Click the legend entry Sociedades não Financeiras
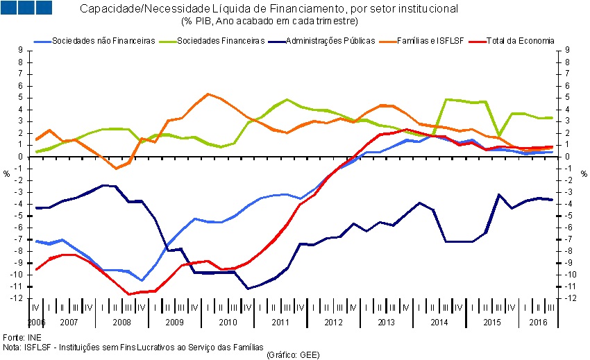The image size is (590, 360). (103, 41)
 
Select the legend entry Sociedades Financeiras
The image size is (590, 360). (221, 41)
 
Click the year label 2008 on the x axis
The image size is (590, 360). (121, 323)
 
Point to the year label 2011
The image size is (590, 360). (280, 323)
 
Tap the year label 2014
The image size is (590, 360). (439, 323)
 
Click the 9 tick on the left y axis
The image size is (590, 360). (22, 51)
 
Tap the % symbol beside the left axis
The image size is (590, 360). (6, 173)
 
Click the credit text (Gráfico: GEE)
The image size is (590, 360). (292, 354)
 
